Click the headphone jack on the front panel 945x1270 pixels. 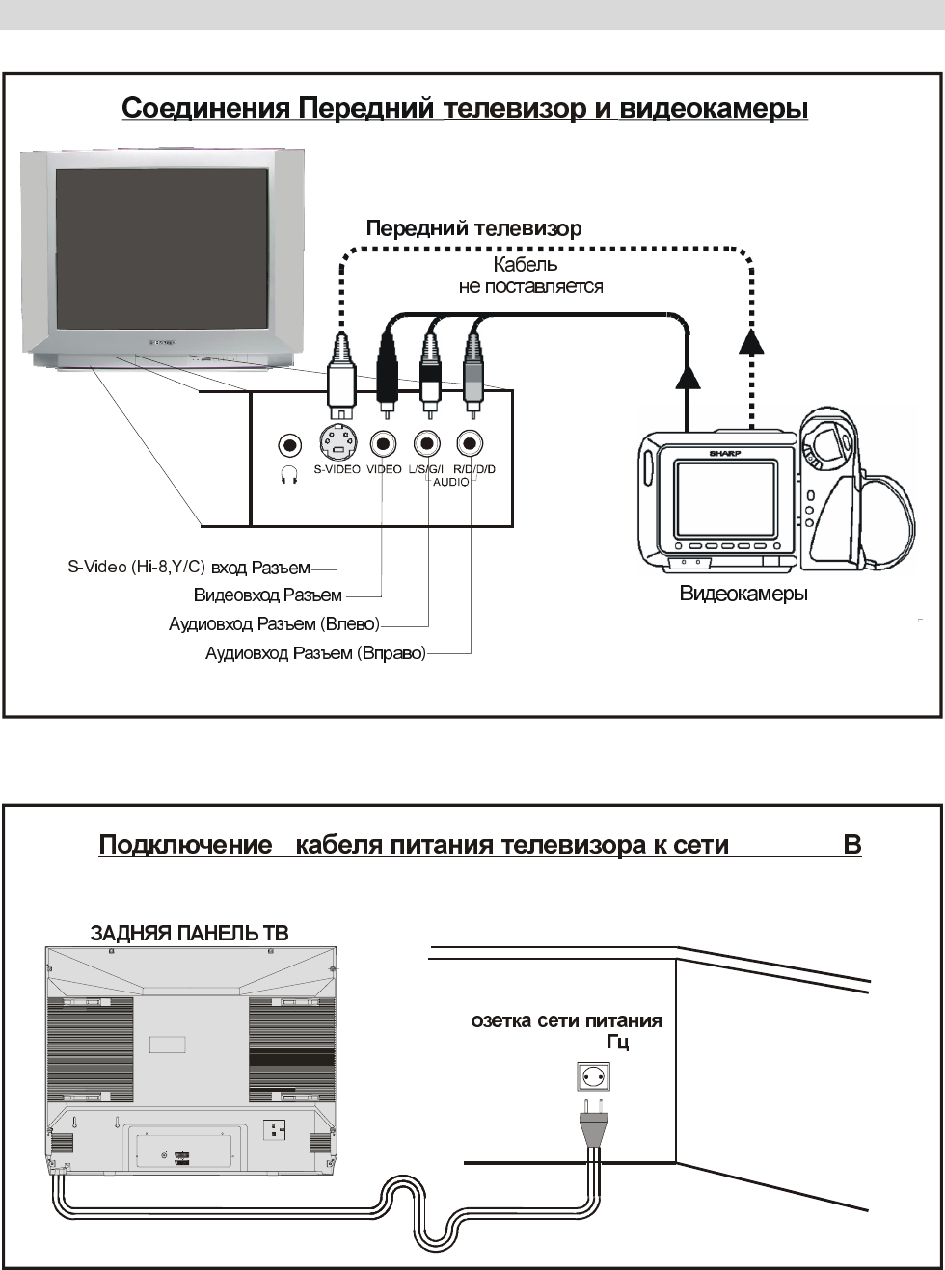[x=288, y=445]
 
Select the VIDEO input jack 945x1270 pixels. [x=384, y=444]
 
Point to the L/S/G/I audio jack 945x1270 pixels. [x=426, y=444]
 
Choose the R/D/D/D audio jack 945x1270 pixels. [x=471, y=444]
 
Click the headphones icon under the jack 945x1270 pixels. [x=288, y=474]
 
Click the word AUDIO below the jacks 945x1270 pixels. [x=450, y=482]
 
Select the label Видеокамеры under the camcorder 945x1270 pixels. [x=743, y=594]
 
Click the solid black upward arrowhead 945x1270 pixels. [x=687, y=377]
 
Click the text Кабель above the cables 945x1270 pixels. [x=526, y=265]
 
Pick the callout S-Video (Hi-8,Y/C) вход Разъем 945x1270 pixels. [x=189, y=567]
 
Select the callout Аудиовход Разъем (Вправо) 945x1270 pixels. [x=315, y=654]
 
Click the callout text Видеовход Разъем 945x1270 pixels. [x=268, y=595]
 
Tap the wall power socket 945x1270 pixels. [x=592, y=1076]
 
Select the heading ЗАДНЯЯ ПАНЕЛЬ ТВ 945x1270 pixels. [x=190, y=933]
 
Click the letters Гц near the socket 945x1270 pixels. [x=618, y=1043]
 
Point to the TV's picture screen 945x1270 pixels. [x=161, y=250]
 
